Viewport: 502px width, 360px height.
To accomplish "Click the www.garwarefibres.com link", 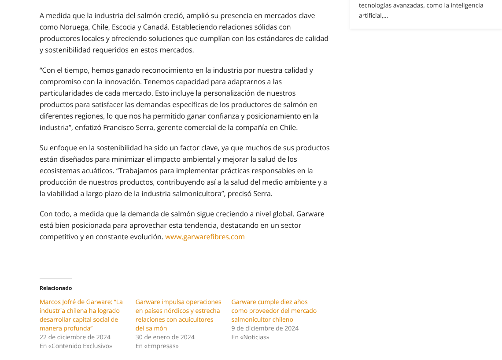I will [205, 237].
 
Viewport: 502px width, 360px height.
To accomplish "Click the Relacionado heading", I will [55, 288].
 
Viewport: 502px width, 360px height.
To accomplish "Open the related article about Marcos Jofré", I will [81, 315].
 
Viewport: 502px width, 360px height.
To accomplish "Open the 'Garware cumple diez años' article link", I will [273, 310].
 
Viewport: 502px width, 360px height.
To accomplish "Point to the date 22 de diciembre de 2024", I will [75, 337].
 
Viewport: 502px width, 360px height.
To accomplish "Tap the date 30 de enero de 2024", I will [165, 337].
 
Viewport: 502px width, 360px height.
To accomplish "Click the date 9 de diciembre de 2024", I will [265, 328].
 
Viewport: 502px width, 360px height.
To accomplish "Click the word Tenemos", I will [159, 82].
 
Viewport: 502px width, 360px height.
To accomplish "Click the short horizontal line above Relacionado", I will [55, 278].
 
